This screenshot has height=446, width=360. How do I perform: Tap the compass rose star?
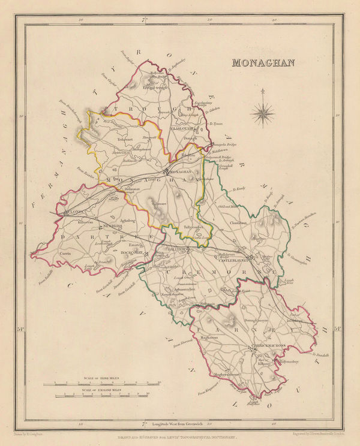(x=262, y=111)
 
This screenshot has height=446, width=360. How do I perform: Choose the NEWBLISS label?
(x=111, y=225)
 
